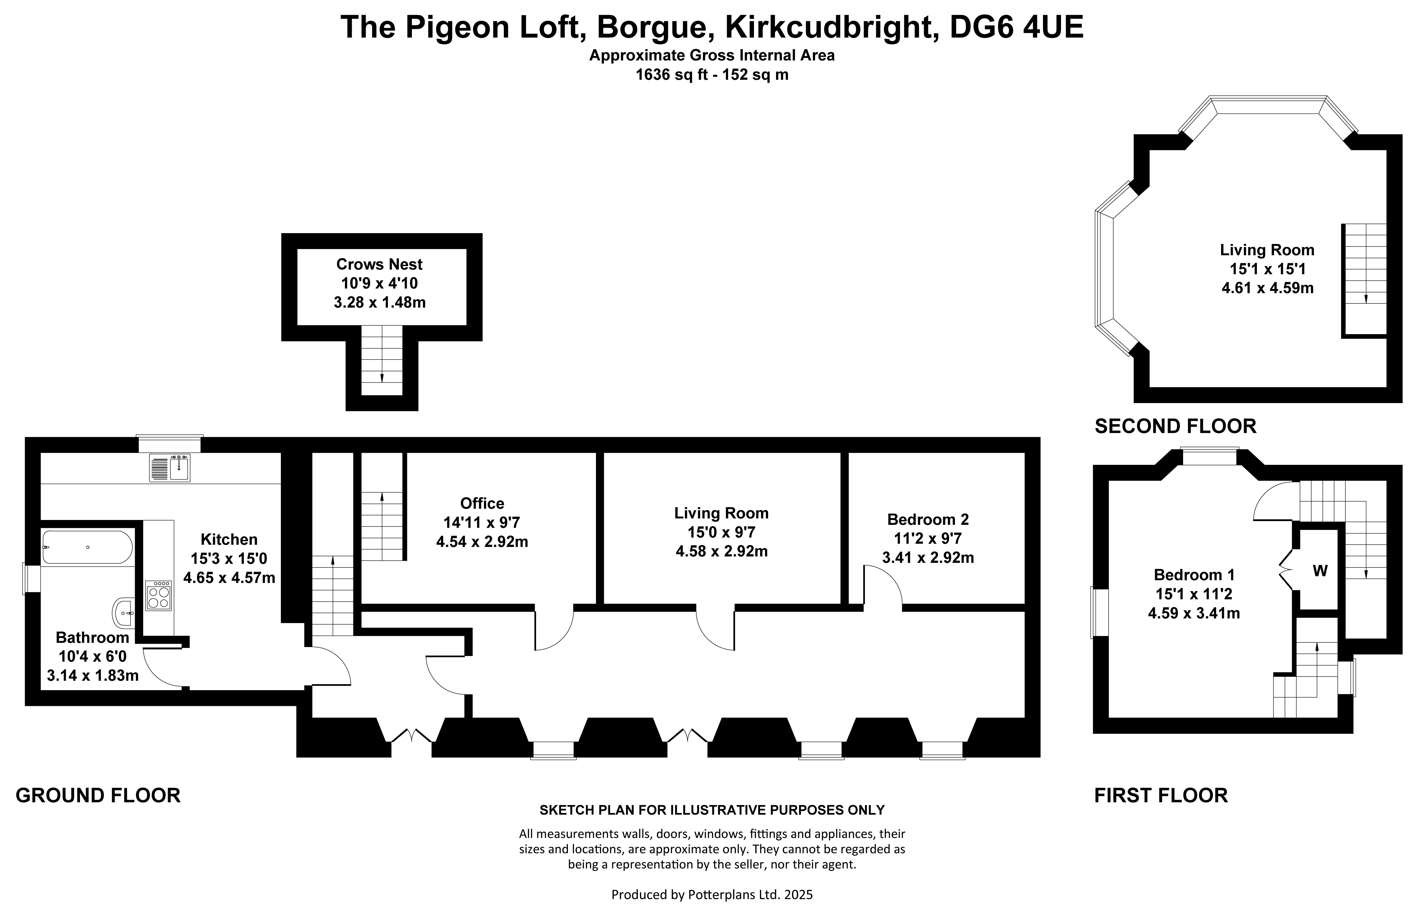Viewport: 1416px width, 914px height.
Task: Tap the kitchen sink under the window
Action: pos(170,467)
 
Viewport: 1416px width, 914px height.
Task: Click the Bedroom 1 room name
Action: pos(1194,575)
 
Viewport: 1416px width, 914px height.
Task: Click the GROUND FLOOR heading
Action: pos(98,795)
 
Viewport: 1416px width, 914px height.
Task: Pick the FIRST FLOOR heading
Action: pos(1161,795)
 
